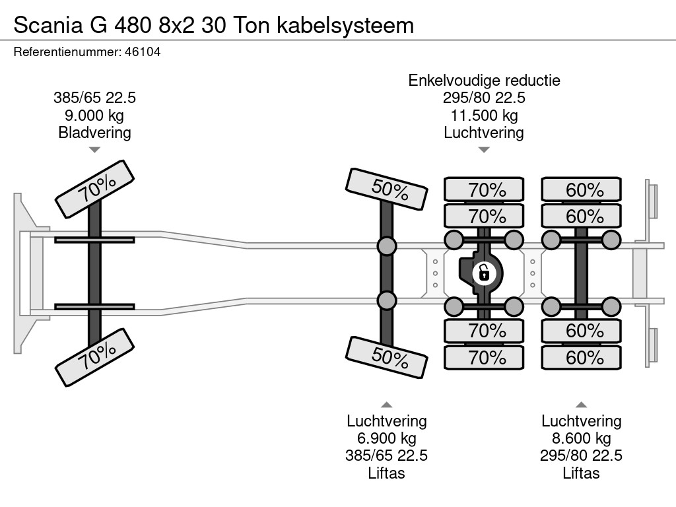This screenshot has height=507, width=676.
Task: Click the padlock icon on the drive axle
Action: tap(484, 272)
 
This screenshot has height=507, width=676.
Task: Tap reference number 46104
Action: tap(142, 52)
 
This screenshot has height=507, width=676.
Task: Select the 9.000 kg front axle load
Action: tap(94, 116)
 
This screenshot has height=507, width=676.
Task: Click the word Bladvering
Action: tap(94, 133)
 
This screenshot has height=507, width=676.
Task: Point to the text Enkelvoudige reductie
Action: tap(484, 81)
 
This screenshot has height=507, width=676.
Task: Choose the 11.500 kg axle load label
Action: tap(484, 116)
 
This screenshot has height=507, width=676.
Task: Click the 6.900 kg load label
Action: tap(387, 438)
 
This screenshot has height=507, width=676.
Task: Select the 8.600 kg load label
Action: tap(582, 438)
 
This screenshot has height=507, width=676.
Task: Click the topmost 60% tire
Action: tap(582, 190)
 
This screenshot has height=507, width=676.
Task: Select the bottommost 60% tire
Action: tap(582, 358)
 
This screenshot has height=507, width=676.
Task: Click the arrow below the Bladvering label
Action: tap(94, 150)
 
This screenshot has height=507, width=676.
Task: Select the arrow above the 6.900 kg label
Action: tap(387, 405)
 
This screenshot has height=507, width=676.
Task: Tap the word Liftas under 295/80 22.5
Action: tap(582, 473)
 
